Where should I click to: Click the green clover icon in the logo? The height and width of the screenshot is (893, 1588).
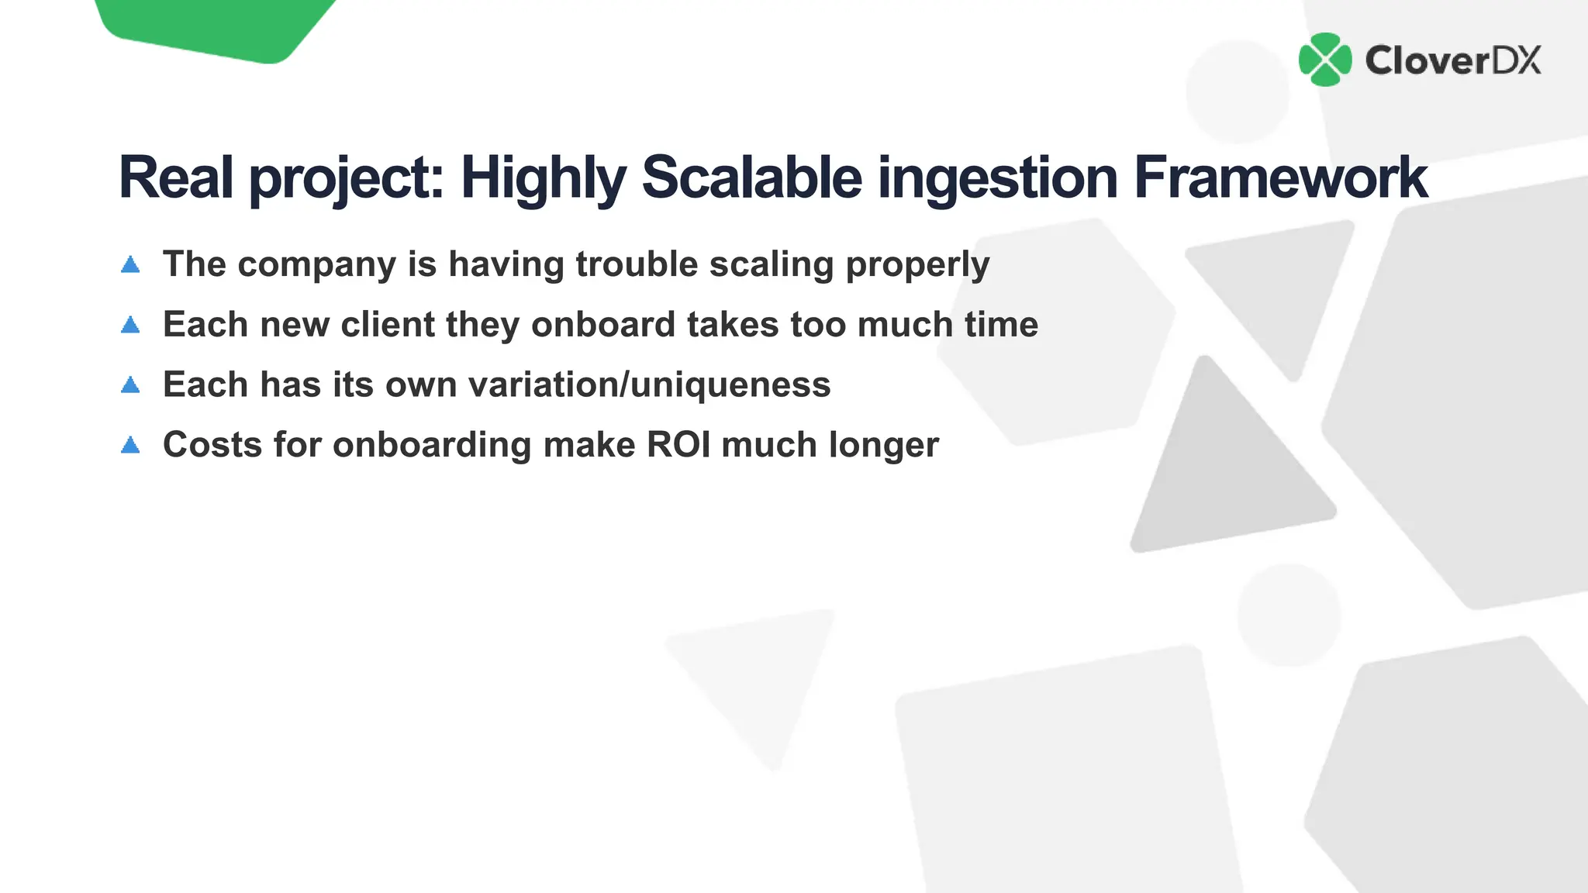pyautogui.click(x=1325, y=60)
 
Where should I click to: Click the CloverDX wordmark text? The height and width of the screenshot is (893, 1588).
pyautogui.click(x=1452, y=60)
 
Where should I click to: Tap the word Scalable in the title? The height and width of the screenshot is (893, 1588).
pyautogui.click(x=751, y=178)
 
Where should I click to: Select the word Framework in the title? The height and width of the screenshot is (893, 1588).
pyautogui.click(x=1280, y=178)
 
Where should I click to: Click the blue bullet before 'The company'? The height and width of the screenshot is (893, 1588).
pyautogui.click(x=130, y=265)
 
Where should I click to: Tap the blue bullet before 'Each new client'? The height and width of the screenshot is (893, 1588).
pyautogui.click(x=130, y=325)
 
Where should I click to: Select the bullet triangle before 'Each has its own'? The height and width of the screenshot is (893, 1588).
pyautogui.click(x=130, y=384)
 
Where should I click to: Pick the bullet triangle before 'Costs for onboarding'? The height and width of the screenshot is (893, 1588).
pyautogui.click(x=130, y=445)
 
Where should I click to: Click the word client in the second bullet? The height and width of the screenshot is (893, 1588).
pyautogui.click(x=388, y=324)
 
